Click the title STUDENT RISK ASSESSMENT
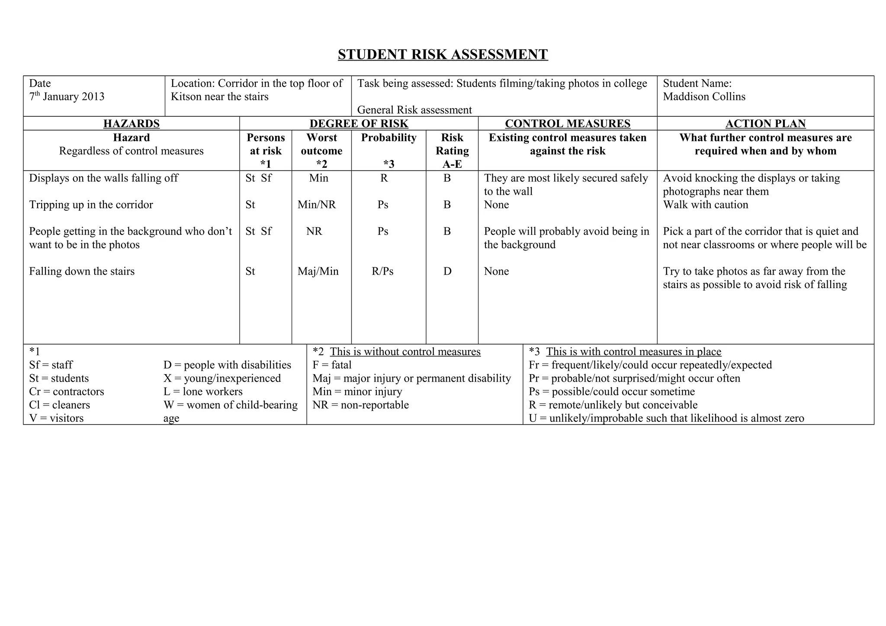443,55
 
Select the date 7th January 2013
67,96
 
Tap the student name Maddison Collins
704,96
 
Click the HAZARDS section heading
131,124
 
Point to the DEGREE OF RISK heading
359,124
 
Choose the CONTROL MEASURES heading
567,124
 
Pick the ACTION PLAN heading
765,124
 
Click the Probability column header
388,138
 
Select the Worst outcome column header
321,144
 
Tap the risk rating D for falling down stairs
447,271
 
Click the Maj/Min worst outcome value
318,271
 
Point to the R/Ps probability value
382,271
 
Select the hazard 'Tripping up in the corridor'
91,205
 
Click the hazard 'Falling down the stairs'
82,271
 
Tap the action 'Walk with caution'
705,205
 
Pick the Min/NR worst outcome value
317,205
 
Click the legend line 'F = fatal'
332,365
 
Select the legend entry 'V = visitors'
56,418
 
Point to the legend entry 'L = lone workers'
203,392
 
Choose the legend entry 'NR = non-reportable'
360,405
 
